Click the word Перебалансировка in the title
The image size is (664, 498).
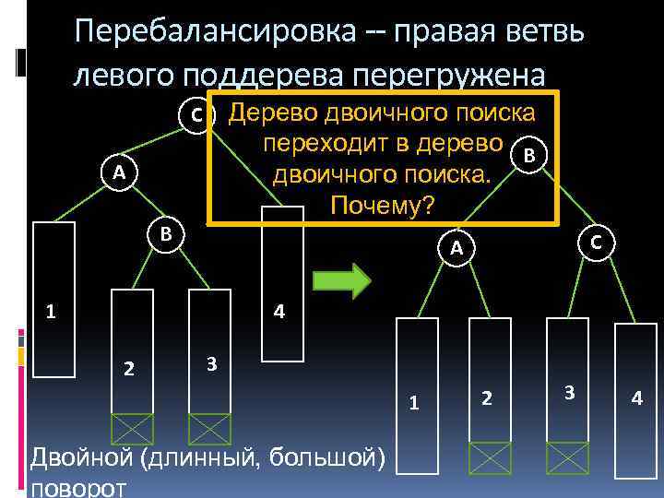(x=215, y=31)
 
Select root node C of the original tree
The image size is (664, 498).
(x=197, y=115)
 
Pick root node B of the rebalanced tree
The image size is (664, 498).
(x=528, y=155)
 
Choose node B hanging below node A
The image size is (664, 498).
(x=166, y=233)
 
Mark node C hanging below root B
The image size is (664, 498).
(x=597, y=243)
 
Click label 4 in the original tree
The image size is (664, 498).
(x=279, y=312)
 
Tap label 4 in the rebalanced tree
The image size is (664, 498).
(x=635, y=399)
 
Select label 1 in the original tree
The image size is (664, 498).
(x=53, y=311)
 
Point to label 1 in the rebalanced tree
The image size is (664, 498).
(x=415, y=402)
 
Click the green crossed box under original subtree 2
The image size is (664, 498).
(x=131, y=429)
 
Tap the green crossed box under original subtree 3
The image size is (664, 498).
(x=209, y=429)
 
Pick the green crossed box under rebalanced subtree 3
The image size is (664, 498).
(x=567, y=457)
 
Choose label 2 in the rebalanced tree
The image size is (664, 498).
(x=487, y=397)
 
